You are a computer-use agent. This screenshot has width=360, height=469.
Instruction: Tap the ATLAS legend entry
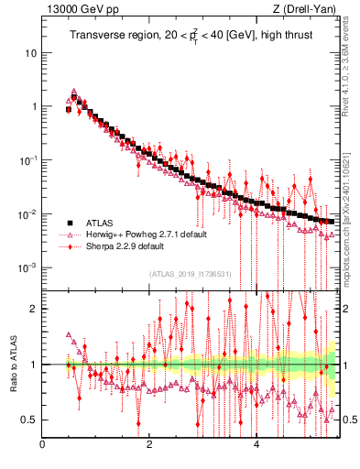pos(98,223)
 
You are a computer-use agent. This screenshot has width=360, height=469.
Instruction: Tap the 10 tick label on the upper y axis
pos(30,52)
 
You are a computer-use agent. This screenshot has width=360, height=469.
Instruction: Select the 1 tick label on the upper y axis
pos(33,106)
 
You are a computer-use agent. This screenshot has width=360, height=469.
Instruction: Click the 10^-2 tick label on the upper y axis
pos(28,213)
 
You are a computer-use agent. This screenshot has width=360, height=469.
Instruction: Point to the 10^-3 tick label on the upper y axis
pos(28,267)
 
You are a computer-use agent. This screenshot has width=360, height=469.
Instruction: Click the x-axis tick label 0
pos(42,446)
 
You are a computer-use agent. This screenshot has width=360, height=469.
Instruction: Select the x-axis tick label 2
pos(149,446)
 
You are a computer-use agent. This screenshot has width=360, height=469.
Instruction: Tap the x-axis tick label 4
pos(256,446)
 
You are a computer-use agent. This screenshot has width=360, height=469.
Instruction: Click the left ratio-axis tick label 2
pos(33,309)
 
